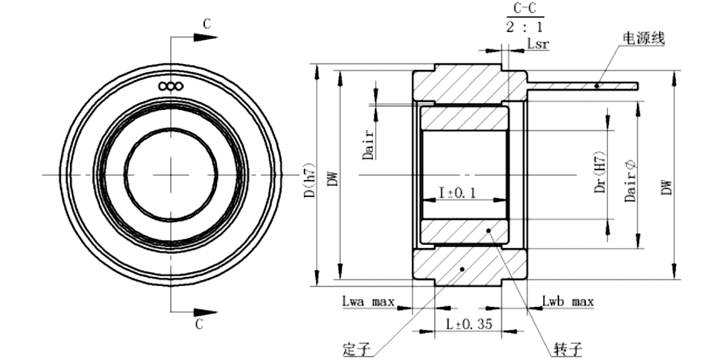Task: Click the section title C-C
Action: coord(525,9)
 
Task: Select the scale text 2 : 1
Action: coord(525,27)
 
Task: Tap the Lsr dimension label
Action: coord(537,44)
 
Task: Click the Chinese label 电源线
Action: coord(643,38)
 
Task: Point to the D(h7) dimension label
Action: coord(310,180)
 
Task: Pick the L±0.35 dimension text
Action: coord(469,324)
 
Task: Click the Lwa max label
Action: coord(369,301)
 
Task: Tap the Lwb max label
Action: coord(568,301)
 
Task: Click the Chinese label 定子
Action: coord(356,350)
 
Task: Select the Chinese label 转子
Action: coord(568,350)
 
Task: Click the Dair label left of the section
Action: coord(369,144)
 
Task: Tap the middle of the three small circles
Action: coord(170,86)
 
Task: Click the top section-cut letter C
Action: coord(207,24)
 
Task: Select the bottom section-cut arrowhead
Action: coord(206,313)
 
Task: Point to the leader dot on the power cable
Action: coord(597,85)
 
